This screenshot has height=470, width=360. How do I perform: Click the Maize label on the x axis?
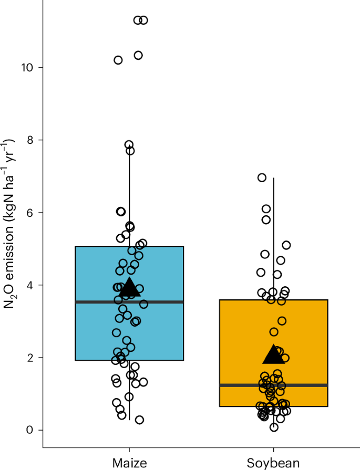click(x=129, y=463)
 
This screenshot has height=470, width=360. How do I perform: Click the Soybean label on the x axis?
click(x=273, y=463)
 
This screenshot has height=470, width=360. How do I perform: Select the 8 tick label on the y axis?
click(x=30, y=140)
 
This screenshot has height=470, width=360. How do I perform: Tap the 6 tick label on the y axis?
click(x=30, y=213)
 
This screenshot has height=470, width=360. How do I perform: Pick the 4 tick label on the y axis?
click(x=30, y=285)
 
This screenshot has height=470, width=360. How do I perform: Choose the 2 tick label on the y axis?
click(x=30, y=358)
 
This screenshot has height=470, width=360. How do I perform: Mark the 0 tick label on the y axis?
click(x=30, y=430)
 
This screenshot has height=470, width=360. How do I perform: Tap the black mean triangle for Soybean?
click(x=273, y=356)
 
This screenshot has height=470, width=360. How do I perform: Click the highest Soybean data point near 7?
click(x=262, y=177)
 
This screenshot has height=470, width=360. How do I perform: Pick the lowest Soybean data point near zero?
click(x=274, y=427)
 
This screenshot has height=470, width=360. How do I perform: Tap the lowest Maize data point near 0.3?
click(x=139, y=420)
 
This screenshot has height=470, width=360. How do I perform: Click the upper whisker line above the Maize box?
click(x=129, y=200)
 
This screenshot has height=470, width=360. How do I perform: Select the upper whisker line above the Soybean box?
click(x=273, y=236)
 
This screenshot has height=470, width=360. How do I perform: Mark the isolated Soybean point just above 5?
click(x=286, y=245)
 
